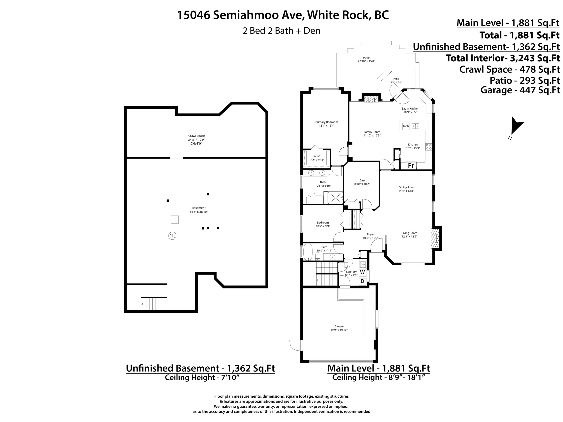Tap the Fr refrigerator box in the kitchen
[411, 166]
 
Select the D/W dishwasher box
[406, 126]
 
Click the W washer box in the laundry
[362, 272]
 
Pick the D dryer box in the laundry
[362, 282]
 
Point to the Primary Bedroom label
[327, 124]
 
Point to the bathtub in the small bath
[308, 252]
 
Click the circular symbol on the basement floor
[172, 236]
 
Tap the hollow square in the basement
[175, 219]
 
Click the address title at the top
[283, 15]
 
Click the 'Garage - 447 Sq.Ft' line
[520, 90]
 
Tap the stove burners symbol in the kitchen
[429, 146]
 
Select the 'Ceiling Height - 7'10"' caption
[202, 377]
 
